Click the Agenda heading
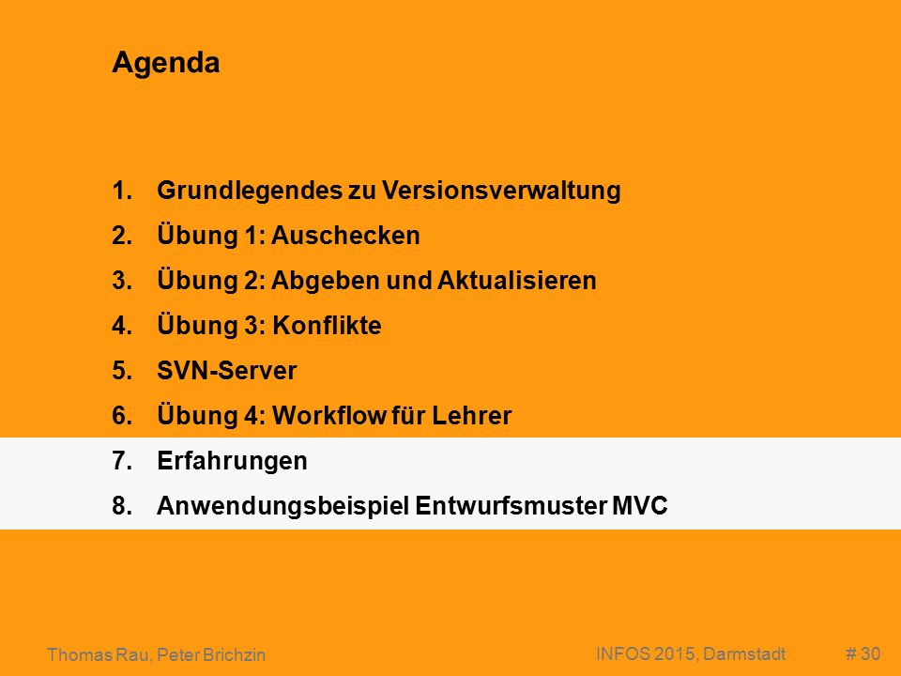click(166, 63)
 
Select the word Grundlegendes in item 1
click(250, 191)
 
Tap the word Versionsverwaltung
click(501, 191)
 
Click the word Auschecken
click(345, 236)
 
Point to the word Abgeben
click(326, 281)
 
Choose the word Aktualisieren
click(516, 281)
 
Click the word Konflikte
click(327, 326)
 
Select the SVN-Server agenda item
click(227, 371)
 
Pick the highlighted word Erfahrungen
click(232, 461)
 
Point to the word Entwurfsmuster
click(511, 506)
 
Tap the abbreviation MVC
click(640, 506)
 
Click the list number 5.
click(122, 371)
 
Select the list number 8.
click(122, 506)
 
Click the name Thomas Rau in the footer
click(99, 654)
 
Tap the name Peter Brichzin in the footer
click(211, 654)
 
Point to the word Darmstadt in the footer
click(744, 654)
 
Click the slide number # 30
click(863, 653)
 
